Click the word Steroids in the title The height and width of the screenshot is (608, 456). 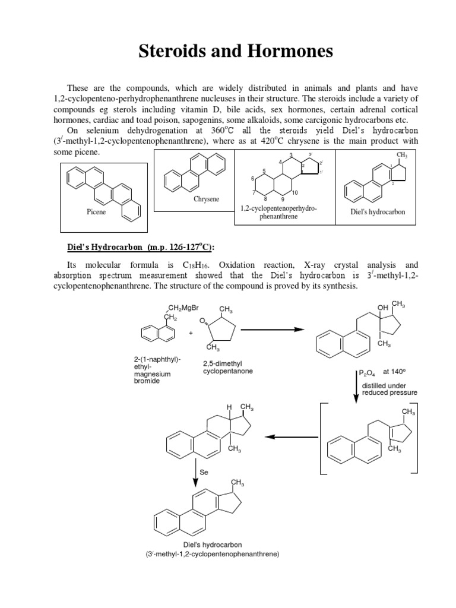coord(173,52)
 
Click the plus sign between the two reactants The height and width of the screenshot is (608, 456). coord(191,333)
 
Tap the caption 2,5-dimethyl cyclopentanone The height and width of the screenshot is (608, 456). coord(228,367)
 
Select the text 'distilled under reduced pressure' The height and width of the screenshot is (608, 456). coord(389,389)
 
